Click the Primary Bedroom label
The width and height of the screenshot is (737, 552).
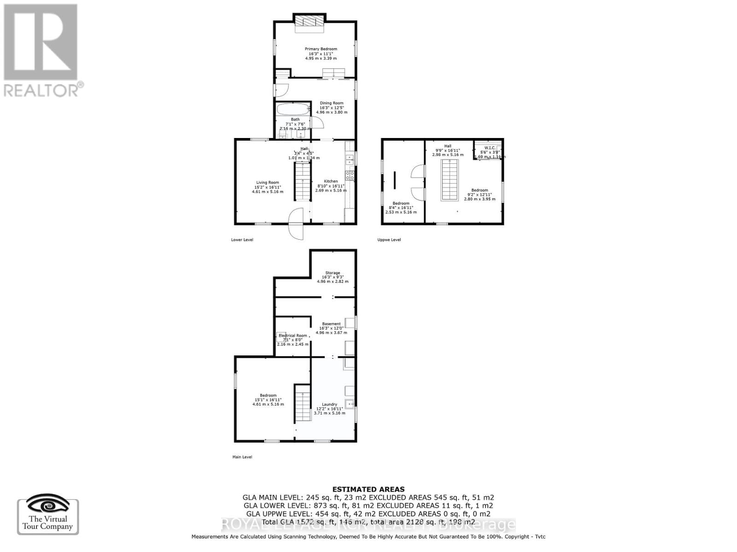click(x=321, y=49)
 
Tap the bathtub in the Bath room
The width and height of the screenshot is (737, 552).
click(x=293, y=110)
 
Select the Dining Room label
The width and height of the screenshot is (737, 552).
click(x=332, y=103)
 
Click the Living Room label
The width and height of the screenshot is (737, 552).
click(x=268, y=183)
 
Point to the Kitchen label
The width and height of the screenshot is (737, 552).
click(x=331, y=181)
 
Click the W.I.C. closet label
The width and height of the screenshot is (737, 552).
click(x=490, y=148)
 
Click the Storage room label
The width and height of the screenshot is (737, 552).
click(x=333, y=273)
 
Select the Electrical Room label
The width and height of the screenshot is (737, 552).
click(x=292, y=335)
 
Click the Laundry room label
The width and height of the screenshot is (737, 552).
click(x=329, y=404)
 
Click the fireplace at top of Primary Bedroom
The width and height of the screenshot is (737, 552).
click(x=309, y=22)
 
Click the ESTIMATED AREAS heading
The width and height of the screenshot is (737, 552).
click(x=368, y=489)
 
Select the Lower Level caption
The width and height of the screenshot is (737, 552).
click(x=242, y=240)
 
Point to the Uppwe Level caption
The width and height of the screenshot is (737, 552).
click(x=389, y=240)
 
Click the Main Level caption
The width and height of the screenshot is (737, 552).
click(x=242, y=457)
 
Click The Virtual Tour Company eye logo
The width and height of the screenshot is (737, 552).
click(x=47, y=506)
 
